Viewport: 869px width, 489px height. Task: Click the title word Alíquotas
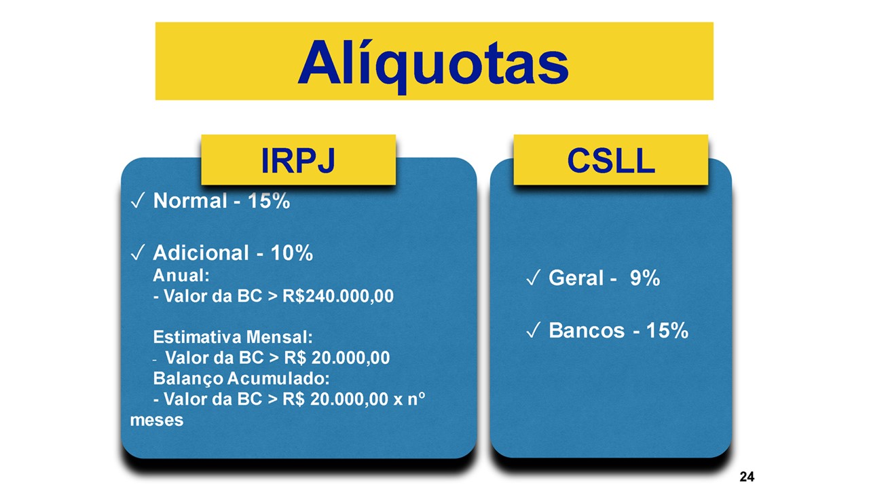pyautogui.click(x=433, y=65)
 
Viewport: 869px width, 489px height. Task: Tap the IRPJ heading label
pyautogui.click(x=298, y=160)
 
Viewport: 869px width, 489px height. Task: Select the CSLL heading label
pyautogui.click(x=611, y=160)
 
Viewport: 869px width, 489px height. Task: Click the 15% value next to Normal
pyautogui.click(x=269, y=201)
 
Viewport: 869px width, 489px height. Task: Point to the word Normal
pyautogui.click(x=190, y=201)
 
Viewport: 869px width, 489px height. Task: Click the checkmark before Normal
pyautogui.click(x=137, y=200)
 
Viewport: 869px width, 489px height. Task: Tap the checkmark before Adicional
pyautogui.click(x=137, y=253)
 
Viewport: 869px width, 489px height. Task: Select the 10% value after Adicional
pyautogui.click(x=292, y=253)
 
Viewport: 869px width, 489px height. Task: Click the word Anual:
pyautogui.click(x=181, y=276)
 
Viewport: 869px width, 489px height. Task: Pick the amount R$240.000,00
pyautogui.click(x=338, y=296)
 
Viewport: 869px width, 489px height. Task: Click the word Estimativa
pyautogui.click(x=197, y=337)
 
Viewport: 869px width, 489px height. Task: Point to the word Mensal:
pyautogui.click(x=279, y=337)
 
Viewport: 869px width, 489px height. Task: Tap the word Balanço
pyautogui.click(x=188, y=378)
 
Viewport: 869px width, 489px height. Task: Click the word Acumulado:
pyautogui.click(x=278, y=378)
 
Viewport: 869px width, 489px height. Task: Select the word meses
pyautogui.click(x=157, y=420)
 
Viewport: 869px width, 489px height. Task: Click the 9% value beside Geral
pyautogui.click(x=645, y=278)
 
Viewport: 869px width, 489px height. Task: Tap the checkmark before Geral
pyautogui.click(x=533, y=278)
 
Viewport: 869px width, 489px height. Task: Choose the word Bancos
pyautogui.click(x=587, y=331)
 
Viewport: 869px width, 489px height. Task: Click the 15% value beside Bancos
pyautogui.click(x=667, y=331)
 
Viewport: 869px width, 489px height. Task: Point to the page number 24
pyautogui.click(x=747, y=476)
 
